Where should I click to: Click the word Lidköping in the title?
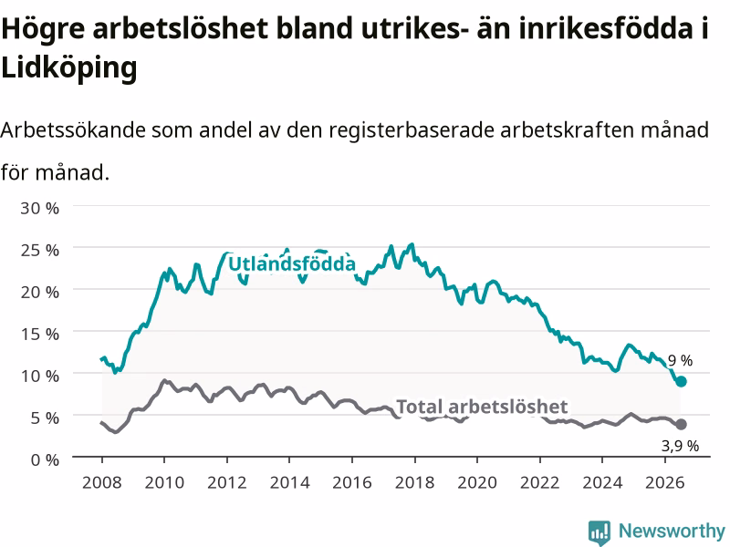pos(69,67)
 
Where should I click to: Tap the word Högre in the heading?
pos(43,29)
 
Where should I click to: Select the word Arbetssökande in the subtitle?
pos(73,129)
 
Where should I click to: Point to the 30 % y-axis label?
pos(40,209)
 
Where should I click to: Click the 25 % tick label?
pos(40,250)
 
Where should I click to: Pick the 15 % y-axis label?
pos(40,334)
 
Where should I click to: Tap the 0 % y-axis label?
pos(45,460)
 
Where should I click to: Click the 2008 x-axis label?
pos(102,482)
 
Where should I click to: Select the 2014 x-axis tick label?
pos(289,482)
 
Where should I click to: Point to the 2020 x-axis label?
pos(477,482)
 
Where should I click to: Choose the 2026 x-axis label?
pos(665,482)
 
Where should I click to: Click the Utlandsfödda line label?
pos(292,263)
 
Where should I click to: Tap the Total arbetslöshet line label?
pos(482,407)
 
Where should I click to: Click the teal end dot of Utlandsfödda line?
pos(681,381)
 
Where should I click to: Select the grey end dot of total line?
pos(681,424)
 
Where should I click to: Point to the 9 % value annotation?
pos(680,360)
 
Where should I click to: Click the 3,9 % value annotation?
pos(680,446)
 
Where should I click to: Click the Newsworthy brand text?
pos(672,531)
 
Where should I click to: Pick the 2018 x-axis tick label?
pos(415,482)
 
